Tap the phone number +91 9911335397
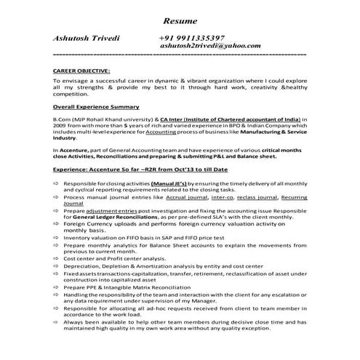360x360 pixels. click(x=191, y=37)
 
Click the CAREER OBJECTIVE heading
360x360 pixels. click(x=81, y=72)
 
